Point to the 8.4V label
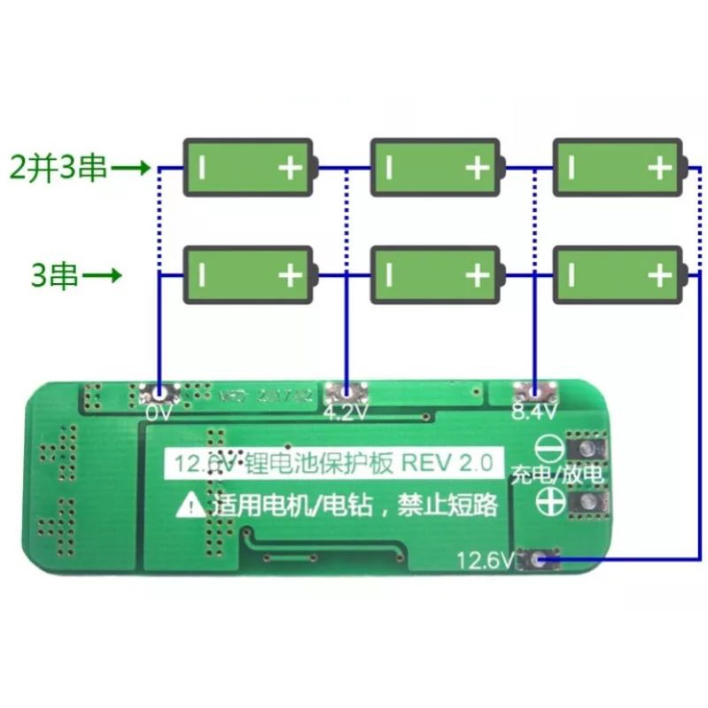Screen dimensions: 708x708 [x=534, y=412]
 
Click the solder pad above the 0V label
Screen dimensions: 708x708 [x=159, y=393]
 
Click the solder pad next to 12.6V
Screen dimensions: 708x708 [x=539, y=558]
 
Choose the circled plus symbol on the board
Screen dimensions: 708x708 [x=550, y=504]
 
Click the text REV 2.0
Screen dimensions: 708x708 [x=451, y=462]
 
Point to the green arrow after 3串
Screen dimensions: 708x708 [x=102, y=276]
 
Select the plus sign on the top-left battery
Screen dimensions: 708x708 [x=289, y=167]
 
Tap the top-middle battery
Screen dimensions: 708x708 [x=435, y=167]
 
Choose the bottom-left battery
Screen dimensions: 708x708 [x=248, y=276]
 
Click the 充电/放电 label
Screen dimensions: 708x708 [x=557, y=476]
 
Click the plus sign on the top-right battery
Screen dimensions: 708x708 [x=658, y=167]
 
